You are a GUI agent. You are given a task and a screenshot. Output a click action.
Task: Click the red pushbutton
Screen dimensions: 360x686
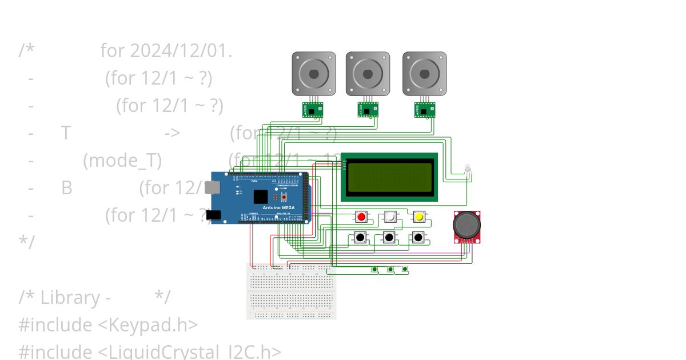[x=361, y=217]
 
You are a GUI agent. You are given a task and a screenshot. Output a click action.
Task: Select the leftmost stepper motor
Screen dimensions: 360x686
[x=314, y=74]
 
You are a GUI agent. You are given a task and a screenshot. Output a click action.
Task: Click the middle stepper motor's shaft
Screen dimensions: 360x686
[x=368, y=74]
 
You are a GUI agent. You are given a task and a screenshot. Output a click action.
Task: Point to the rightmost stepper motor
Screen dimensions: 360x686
[x=424, y=74]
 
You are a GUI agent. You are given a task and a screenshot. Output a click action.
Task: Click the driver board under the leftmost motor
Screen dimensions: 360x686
[x=313, y=110]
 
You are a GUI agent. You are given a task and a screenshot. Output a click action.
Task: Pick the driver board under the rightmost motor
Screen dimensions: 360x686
[x=425, y=110]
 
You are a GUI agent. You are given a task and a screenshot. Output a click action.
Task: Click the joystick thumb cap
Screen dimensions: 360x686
[x=466, y=225]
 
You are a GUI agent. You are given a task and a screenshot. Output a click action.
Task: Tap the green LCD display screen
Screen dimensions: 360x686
[x=390, y=177]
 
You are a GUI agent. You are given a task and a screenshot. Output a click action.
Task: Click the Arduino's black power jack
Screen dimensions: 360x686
[x=213, y=215]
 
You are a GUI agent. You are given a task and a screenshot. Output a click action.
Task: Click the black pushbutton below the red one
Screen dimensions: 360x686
[x=360, y=237]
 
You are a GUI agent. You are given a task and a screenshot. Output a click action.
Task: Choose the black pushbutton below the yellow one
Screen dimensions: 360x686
[x=418, y=237]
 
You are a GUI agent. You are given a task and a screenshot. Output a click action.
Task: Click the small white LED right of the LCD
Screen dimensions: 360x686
[x=468, y=168]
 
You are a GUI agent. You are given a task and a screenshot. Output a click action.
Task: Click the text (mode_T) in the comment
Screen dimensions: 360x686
[x=122, y=161]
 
